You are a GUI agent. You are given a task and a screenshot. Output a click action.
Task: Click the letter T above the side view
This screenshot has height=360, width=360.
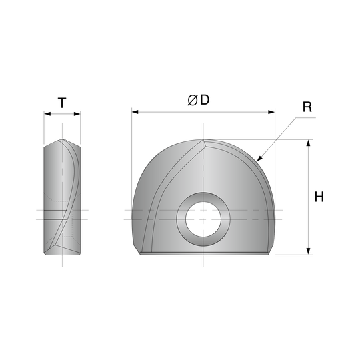(x=61, y=103)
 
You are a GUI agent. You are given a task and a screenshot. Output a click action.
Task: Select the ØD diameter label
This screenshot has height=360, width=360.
(x=198, y=100)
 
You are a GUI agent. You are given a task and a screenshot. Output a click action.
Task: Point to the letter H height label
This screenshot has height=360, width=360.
(x=319, y=196)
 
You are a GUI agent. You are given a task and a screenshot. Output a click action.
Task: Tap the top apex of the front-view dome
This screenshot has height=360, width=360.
(x=203, y=139)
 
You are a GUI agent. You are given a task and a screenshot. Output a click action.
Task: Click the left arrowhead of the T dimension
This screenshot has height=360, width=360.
(x=46, y=114)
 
